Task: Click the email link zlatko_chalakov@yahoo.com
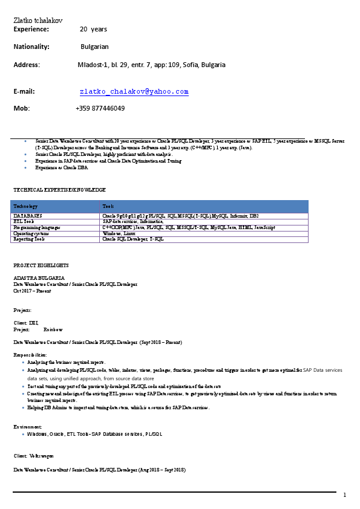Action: pyautogui.click(x=134, y=92)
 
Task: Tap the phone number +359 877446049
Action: pyautogui.click(x=100, y=108)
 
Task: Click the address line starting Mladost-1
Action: pyautogui.click(x=151, y=65)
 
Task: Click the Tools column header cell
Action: pyautogui.click(x=108, y=206)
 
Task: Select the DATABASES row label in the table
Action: pyautogui.click(x=28, y=215)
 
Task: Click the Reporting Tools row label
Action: pyautogui.click(x=29, y=239)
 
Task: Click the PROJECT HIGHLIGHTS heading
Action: pyautogui.click(x=41, y=265)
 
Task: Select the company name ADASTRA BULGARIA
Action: pyautogui.click(x=39, y=277)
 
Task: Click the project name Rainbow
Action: pyautogui.click(x=53, y=330)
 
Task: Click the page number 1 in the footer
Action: pyautogui.click(x=344, y=496)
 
